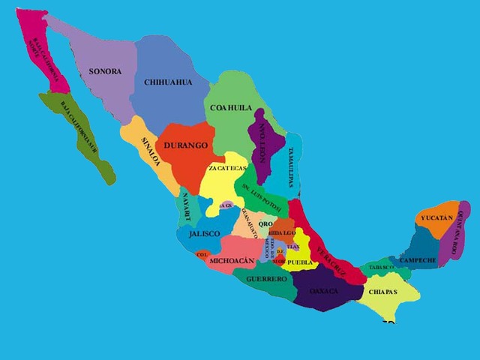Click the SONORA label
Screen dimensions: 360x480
point(104,71)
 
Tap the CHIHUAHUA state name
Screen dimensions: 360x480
point(168,82)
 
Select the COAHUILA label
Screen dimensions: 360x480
point(231,108)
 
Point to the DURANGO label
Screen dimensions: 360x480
point(185,145)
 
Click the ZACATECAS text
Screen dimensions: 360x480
point(227,169)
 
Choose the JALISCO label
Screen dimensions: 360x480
point(204,234)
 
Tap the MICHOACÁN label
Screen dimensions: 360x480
point(232,260)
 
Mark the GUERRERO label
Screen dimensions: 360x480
point(266,279)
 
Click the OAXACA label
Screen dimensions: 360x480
point(323,291)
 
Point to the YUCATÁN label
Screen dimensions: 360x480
point(436,217)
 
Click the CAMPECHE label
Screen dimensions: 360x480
point(418,260)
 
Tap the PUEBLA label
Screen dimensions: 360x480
point(300,263)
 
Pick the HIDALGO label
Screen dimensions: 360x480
point(283,234)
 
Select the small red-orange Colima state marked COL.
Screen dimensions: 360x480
point(201,254)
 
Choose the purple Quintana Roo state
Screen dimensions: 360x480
point(460,232)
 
